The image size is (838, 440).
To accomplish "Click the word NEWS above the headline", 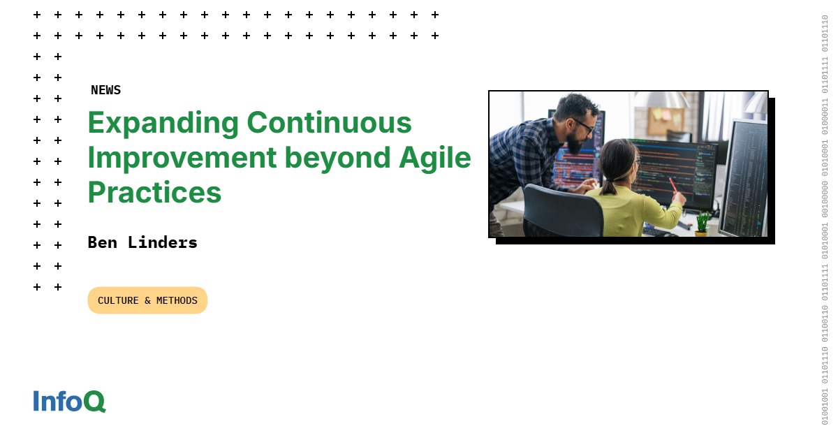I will pos(105,90).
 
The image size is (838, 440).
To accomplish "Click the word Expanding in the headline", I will pos(162,124).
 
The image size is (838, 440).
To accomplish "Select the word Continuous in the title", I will pos(329,124).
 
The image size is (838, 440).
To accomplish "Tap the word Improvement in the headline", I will pos(182,159).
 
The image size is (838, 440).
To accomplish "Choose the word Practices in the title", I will pos(154,193).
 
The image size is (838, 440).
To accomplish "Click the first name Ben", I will pos(102,242).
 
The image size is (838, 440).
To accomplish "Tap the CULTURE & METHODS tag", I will pos(147,300).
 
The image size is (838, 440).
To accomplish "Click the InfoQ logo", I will pos(69,401).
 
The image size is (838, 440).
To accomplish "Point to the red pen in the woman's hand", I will pos(673,186).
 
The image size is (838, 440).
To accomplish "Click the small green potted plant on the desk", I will pos(702,223).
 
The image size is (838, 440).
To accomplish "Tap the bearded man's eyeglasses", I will pos(584,126).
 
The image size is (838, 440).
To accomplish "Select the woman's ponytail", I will pos(610,183).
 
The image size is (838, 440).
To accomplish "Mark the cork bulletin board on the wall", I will pos(666,121).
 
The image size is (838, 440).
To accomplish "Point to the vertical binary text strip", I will pos(825,220).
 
